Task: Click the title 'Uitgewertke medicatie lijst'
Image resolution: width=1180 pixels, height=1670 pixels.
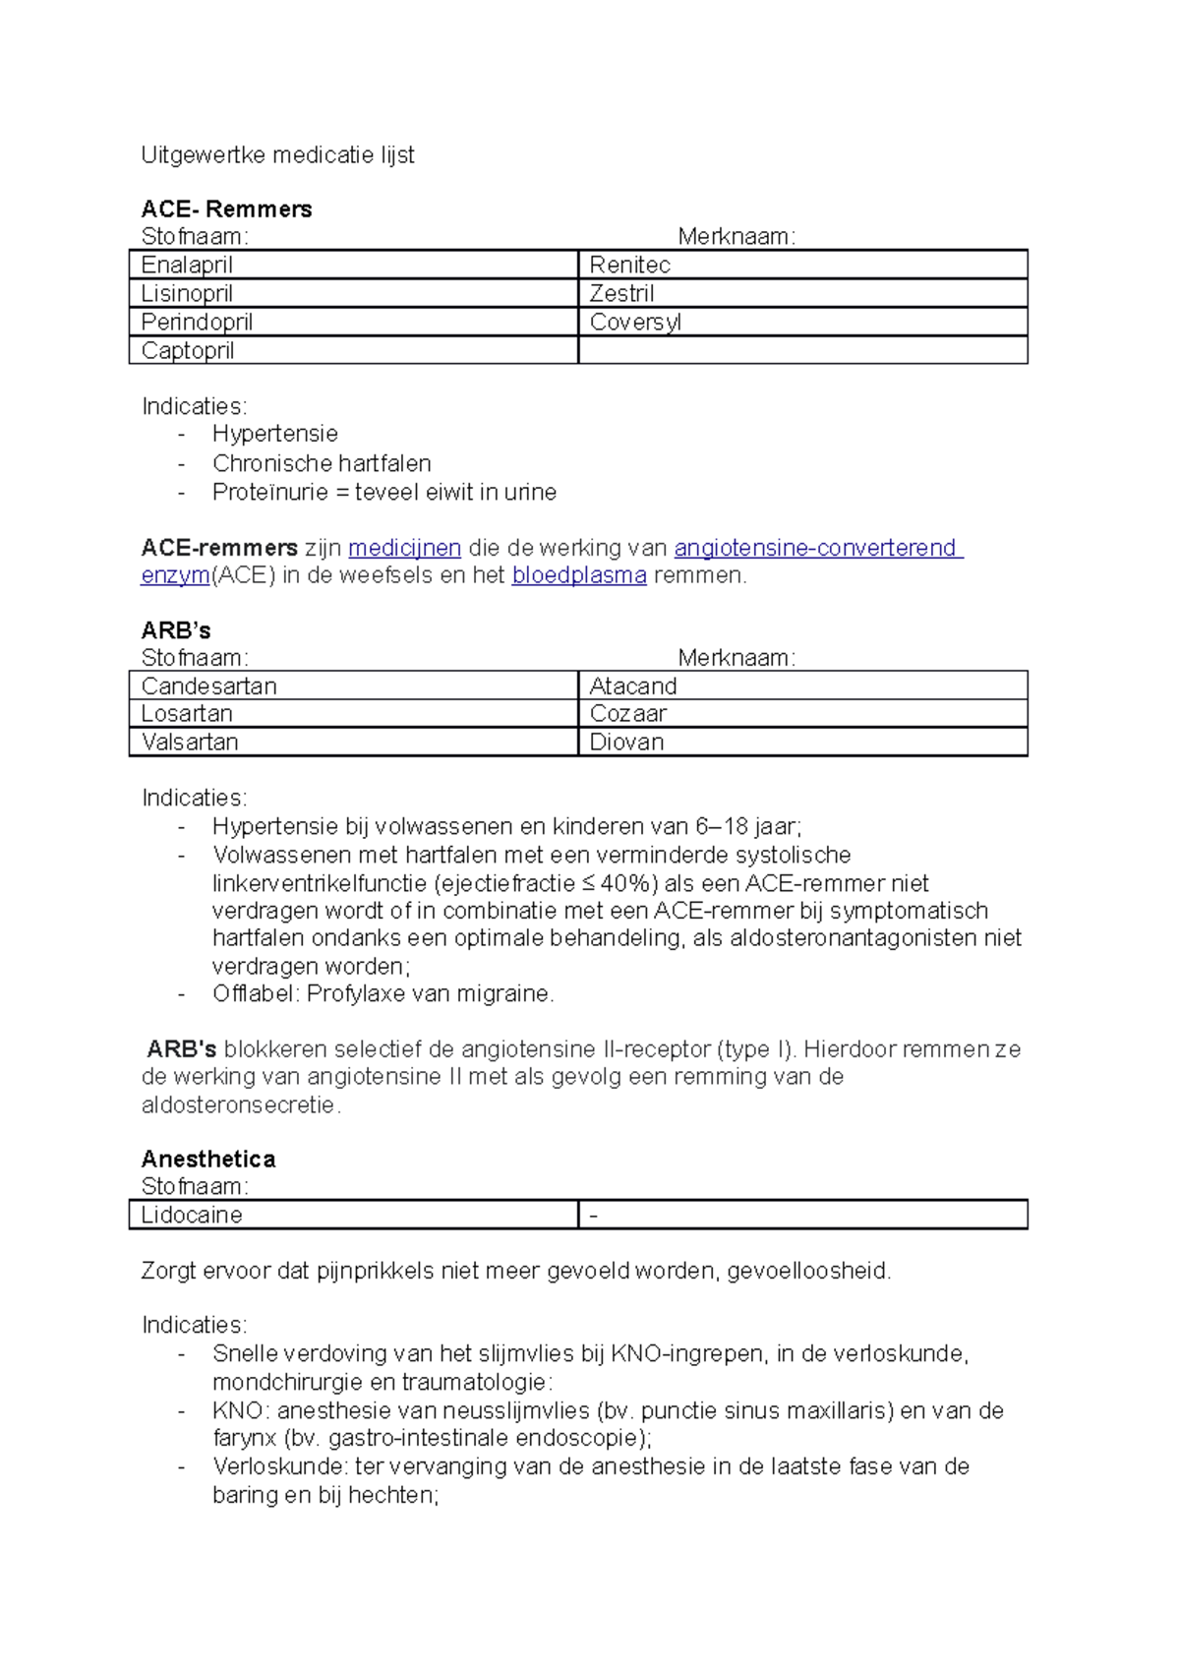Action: pyautogui.click(x=277, y=155)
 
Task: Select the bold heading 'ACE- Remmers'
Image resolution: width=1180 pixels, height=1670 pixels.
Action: pyautogui.click(x=226, y=209)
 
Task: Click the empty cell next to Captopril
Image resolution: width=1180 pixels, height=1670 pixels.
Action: pyautogui.click(x=801, y=351)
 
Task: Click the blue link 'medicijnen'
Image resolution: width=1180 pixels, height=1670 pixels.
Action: pyautogui.click(x=404, y=549)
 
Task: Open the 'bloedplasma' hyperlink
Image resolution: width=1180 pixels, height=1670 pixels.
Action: pyautogui.click(x=578, y=576)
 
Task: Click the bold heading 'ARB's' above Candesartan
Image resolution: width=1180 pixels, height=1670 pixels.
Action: pyautogui.click(x=176, y=631)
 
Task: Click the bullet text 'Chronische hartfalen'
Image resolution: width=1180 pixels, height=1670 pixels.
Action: pyautogui.click(x=322, y=464)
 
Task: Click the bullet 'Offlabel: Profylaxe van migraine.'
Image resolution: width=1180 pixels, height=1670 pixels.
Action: pyautogui.click(x=383, y=994)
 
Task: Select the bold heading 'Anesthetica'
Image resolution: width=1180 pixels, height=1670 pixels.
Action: pyautogui.click(x=208, y=1160)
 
